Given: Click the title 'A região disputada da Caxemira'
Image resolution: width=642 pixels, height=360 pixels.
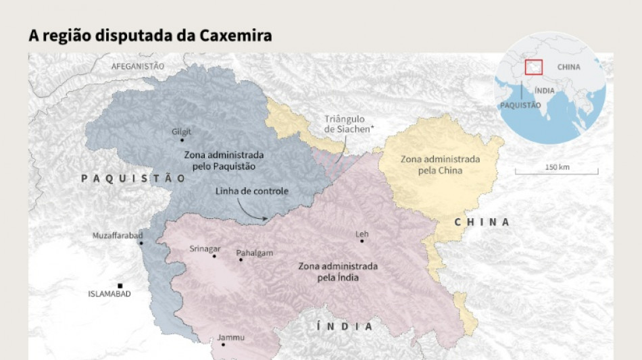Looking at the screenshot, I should [x=150, y=36].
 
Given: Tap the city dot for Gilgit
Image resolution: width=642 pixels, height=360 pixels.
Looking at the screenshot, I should [x=182, y=140].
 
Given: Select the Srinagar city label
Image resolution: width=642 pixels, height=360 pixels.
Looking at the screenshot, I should [x=205, y=249].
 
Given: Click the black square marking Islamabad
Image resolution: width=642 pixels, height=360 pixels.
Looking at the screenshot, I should [x=120, y=286].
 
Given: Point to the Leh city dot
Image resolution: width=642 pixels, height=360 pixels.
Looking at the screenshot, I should [x=362, y=241].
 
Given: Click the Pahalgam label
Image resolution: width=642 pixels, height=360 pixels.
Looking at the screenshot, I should [x=255, y=253].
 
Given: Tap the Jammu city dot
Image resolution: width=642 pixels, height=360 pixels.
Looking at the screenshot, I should [x=223, y=344].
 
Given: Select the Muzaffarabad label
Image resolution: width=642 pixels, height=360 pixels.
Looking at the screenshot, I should [x=118, y=235].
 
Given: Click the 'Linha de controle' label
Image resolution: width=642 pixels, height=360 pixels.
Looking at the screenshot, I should [x=252, y=191].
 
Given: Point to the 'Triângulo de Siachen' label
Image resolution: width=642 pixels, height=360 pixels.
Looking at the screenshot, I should [x=344, y=124].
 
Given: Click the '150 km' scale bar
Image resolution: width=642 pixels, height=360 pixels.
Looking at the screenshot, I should [x=556, y=172].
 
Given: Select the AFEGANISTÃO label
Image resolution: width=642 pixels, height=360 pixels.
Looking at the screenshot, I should [x=138, y=66].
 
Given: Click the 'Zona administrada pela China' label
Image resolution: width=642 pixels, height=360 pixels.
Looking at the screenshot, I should [x=440, y=165].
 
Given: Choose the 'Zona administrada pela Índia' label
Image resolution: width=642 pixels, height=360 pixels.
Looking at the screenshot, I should [x=338, y=272].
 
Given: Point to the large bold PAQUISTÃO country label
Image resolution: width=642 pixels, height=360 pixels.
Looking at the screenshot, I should [x=133, y=178].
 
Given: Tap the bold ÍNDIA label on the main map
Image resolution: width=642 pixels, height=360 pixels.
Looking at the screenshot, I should [x=345, y=326].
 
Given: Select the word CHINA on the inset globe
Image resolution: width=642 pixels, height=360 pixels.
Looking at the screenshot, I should [x=568, y=67].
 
